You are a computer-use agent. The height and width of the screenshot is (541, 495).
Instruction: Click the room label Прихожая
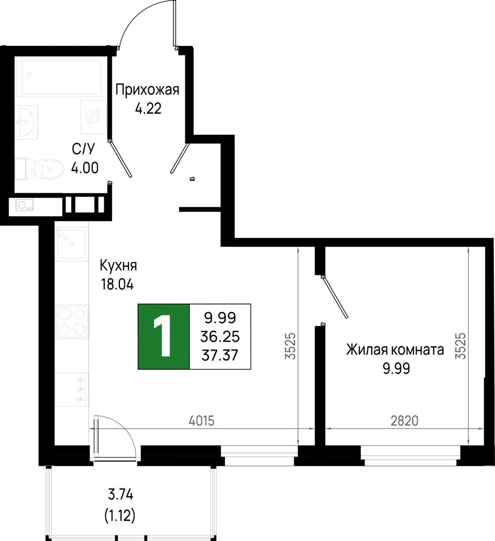[147, 90]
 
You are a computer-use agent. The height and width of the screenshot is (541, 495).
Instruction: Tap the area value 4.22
[148, 109]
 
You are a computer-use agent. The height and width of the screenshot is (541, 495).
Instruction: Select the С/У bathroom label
[83, 149]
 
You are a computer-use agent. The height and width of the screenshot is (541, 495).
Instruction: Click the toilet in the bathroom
[40, 169]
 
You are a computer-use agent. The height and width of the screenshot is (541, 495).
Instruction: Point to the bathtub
[62, 77]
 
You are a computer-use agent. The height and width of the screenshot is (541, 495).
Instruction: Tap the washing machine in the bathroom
[93, 117]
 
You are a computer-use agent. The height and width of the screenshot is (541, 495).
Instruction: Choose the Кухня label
[118, 266]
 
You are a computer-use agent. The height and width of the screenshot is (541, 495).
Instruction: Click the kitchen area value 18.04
[117, 285]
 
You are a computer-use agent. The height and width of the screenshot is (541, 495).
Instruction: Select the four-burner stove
[72, 322]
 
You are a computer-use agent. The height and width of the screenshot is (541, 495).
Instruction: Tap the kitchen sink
[71, 243]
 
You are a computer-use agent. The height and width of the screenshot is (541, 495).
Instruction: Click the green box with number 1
[164, 337]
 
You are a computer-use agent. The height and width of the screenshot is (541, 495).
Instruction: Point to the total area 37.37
[220, 355]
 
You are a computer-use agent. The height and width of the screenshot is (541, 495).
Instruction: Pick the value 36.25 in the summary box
[220, 337]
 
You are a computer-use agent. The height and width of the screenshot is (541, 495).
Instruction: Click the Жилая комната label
[395, 350]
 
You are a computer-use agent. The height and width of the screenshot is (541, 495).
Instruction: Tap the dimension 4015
[202, 420]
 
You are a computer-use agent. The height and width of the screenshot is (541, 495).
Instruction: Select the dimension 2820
[404, 420]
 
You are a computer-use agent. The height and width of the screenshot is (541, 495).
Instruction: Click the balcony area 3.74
[121, 495]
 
